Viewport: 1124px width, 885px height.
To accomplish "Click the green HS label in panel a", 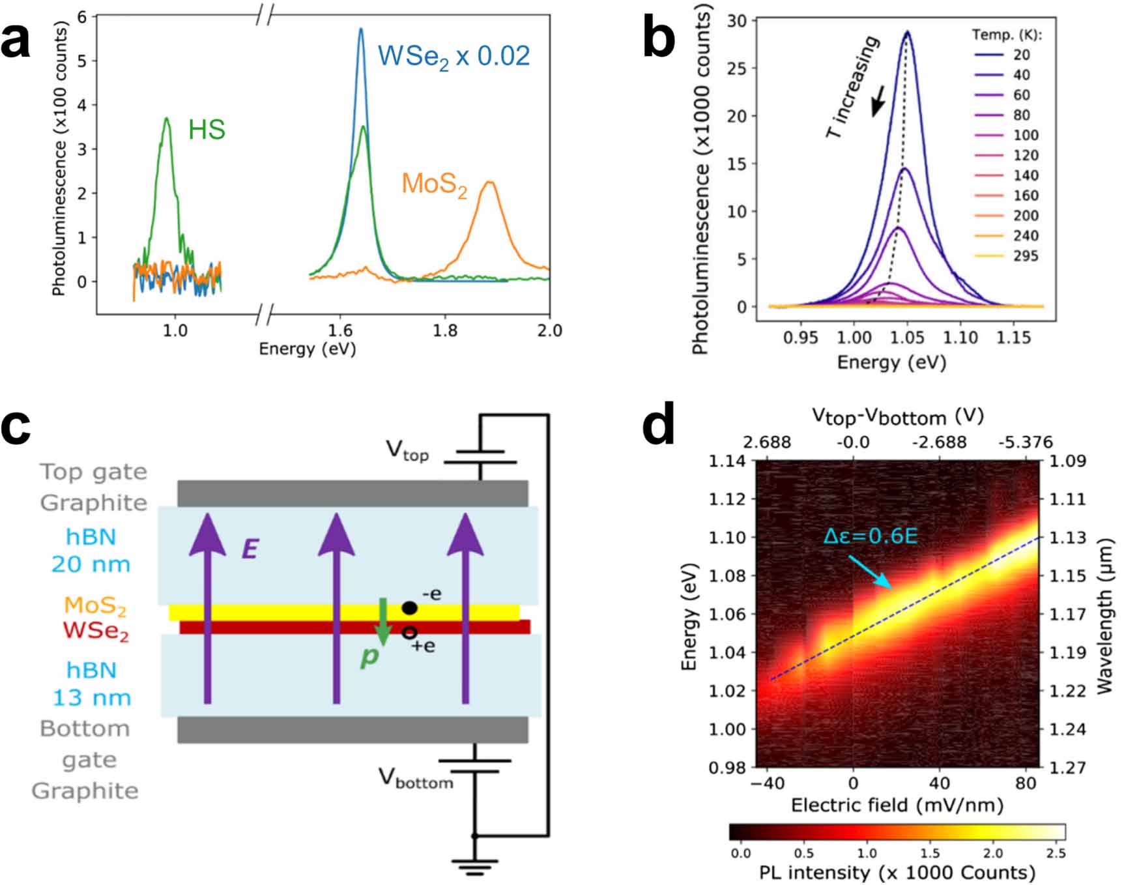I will tap(207, 130).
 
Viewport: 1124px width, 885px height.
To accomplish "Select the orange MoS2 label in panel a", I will tap(434, 184).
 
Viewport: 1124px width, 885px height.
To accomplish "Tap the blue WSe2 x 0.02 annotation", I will tap(454, 57).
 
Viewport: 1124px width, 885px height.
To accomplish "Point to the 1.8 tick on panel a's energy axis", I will tap(444, 330).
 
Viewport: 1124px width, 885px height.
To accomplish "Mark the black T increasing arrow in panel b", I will tap(878, 101).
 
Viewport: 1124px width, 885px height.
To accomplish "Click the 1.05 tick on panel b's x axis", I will tap(907, 338).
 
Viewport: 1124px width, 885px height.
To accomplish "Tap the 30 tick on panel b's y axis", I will tap(737, 21).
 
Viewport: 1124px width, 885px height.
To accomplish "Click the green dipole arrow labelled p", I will tap(383, 621).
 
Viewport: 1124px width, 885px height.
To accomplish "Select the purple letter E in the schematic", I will tap(250, 549).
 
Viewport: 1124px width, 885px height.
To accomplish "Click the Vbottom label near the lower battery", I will tap(416, 778).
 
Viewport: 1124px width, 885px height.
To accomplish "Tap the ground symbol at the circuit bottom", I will tap(474, 867).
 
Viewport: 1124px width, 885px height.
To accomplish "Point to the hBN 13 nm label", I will tap(91, 684).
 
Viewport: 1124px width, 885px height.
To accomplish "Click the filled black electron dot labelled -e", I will tap(409, 608).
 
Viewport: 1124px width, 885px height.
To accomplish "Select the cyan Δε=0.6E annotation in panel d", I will tap(870, 536).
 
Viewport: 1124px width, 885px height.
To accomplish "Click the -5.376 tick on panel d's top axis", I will tap(1025, 442).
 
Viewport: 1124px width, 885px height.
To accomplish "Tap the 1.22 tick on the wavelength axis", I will tap(1067, 690).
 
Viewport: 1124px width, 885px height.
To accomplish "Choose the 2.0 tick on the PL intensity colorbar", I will tap(992, 853).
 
